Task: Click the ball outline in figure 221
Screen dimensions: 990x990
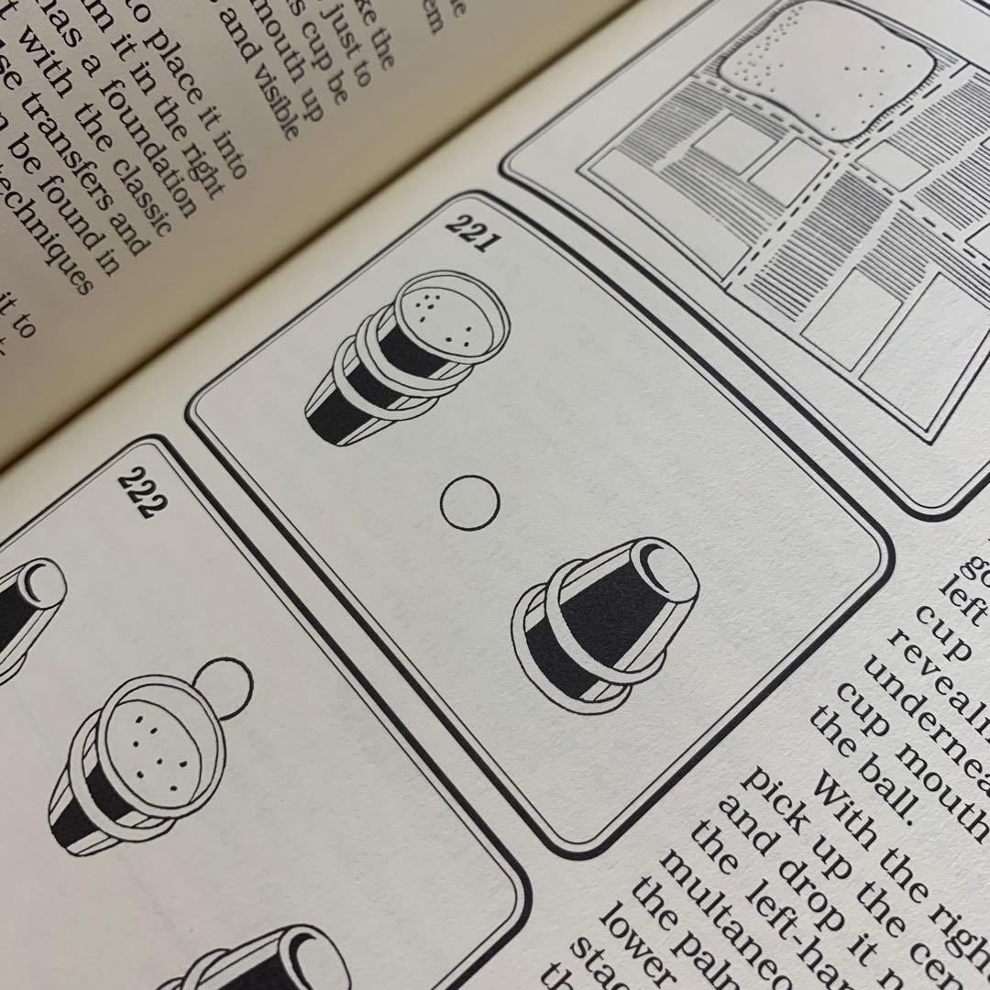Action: coord(469,502)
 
